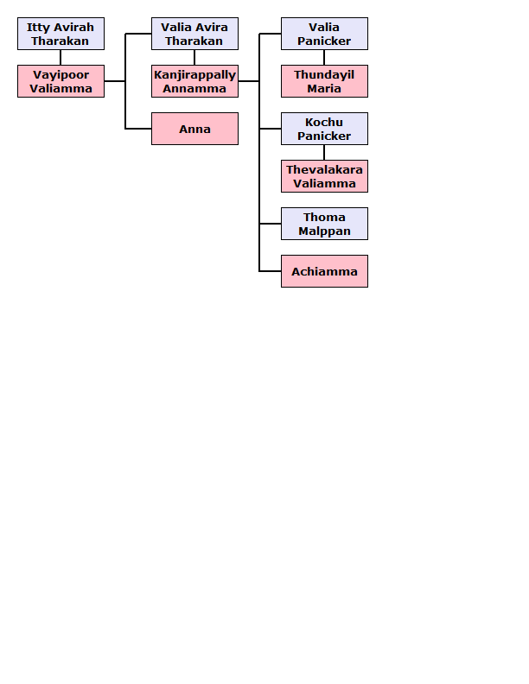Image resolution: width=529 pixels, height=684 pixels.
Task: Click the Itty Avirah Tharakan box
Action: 61,34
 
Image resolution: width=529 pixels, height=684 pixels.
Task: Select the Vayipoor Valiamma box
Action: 61,81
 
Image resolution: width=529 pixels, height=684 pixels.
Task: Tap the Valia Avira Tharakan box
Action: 194,34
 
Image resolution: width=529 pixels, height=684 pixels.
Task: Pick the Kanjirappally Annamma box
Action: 194,81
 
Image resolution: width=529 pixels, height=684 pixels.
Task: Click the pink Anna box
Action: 194,129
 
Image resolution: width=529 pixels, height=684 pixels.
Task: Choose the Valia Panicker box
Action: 324,34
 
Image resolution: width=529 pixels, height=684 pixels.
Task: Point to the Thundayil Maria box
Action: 324,81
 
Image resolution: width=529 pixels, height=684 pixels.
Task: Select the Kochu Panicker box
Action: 324,129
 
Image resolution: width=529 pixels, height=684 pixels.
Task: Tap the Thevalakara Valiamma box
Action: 324,176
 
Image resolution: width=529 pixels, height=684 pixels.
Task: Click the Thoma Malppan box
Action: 324,224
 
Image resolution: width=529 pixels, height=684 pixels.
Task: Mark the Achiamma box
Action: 324,271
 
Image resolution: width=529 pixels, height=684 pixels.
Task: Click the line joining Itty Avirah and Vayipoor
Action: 61,58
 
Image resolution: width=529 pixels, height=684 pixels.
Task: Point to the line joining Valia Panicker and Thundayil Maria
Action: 324,58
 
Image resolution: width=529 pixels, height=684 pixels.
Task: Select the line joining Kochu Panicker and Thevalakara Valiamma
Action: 324,153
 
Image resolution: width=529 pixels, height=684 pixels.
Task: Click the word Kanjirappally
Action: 194,75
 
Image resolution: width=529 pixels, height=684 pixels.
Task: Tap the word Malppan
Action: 324,231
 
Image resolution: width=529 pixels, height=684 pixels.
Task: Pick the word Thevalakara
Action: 324,169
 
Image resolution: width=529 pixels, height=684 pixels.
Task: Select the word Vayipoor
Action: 61,75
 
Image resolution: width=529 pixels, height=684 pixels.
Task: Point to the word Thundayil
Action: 324,75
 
